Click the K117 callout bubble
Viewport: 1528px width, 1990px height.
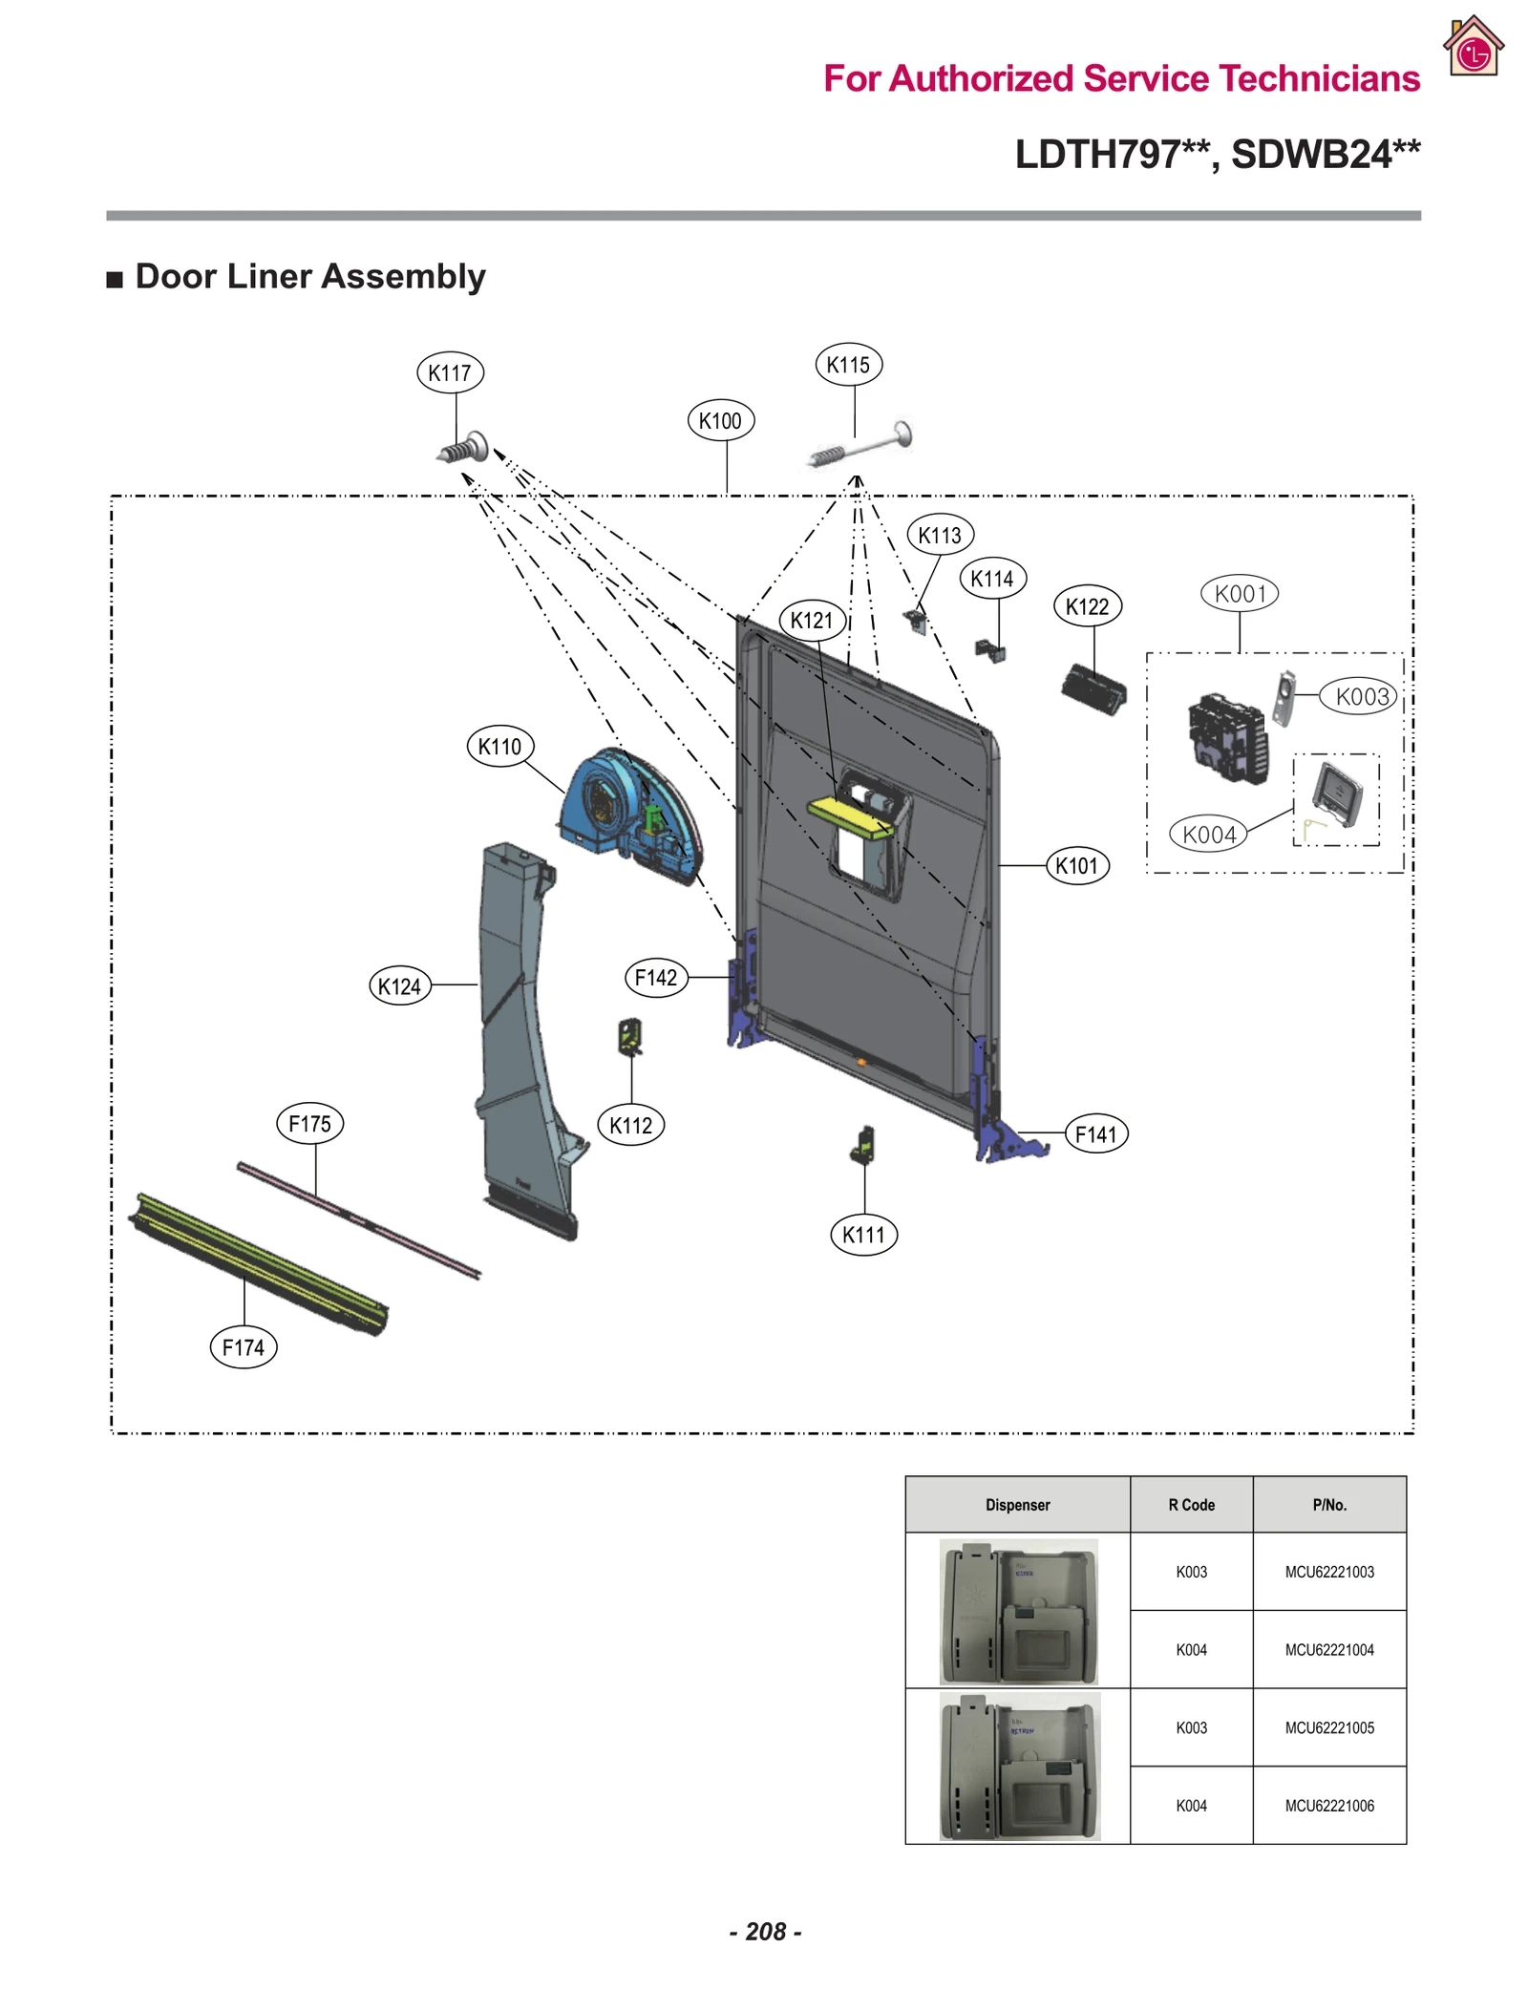[450, 372]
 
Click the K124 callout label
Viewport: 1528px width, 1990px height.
[400, 985]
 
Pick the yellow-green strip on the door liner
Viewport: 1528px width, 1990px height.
[850, 817]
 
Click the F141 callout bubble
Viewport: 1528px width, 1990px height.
[1095, 1133]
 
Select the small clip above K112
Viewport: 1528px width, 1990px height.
[630, 1035]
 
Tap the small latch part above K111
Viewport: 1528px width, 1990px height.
[863, 1143]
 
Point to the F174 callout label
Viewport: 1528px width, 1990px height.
[244, 1347]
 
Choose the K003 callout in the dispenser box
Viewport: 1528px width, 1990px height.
[1361, 696]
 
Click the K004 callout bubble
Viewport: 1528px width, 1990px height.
[1208, 835]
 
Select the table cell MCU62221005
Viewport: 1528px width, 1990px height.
[1328, 1727]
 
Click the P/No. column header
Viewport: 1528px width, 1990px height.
[1328, 1505]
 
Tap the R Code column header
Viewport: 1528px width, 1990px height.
[1191, 1505]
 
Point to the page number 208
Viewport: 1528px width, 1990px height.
[765, 1931]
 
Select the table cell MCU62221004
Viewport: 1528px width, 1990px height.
[1328, 1649]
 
